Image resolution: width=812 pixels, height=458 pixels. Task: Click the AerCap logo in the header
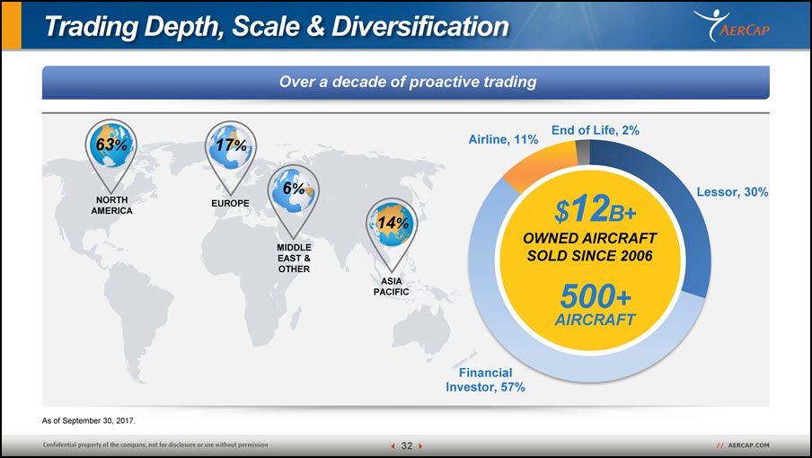point(732,25)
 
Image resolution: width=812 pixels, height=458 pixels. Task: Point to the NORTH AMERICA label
point(112,206)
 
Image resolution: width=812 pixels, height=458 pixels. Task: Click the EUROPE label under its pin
point(231,203)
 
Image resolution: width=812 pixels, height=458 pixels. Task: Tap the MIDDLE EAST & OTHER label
point(294,259)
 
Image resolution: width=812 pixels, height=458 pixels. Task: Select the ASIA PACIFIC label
point(392,286)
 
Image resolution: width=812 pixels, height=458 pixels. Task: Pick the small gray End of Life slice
point(583,153)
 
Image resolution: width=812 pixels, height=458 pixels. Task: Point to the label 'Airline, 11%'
point(503,139)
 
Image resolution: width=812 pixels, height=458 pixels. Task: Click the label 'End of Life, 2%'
point(595,130)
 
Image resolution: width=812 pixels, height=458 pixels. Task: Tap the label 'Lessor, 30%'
point(732,192)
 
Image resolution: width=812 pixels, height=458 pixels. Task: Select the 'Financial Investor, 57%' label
point(485,380)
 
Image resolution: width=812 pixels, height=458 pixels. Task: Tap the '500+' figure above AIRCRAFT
point(596,296)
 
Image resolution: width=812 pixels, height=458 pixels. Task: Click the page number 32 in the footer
point(407,445)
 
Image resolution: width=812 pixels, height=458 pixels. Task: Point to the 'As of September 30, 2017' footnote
point(89,421)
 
